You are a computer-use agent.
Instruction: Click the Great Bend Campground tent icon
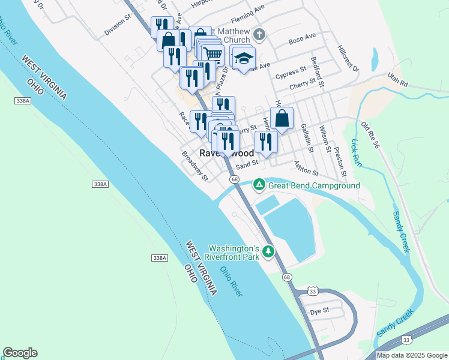pyautogui.click(x=259, y=185)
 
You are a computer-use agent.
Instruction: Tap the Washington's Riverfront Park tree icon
pyautogui.click(x=270, y=252)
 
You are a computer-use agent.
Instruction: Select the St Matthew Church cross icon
pyautogui.click(x=259, y=34)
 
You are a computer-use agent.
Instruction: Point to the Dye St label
pyautogui.click(x=320, y=311)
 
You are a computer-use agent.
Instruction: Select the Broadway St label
pyautogui.click(x=195, y=165)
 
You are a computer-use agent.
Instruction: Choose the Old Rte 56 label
pyautogui.click(x=372, y=135)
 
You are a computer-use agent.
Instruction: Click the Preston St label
pyautogui.click(x=340, y=161)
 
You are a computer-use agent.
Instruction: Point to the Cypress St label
pyautogui.click(x=291, y=74)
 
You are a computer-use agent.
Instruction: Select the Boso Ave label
pyautogui.click(x=302, y=39)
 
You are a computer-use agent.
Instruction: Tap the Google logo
pyautogui.click(x=20, y=353)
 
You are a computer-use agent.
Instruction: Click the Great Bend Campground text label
pyautogui.click(x=314, y=185)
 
